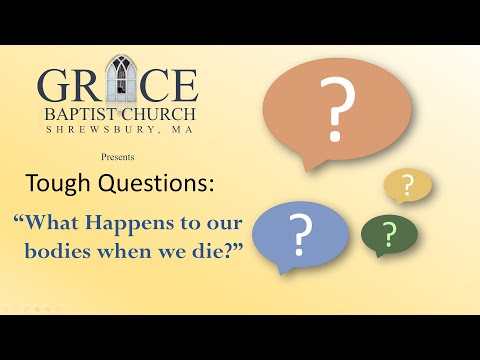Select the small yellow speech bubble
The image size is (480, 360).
pos(407,184)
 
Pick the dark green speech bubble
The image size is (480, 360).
pos(389,233)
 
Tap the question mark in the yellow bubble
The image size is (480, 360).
pos(407,185)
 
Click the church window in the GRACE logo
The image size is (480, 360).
pos(120,77)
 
